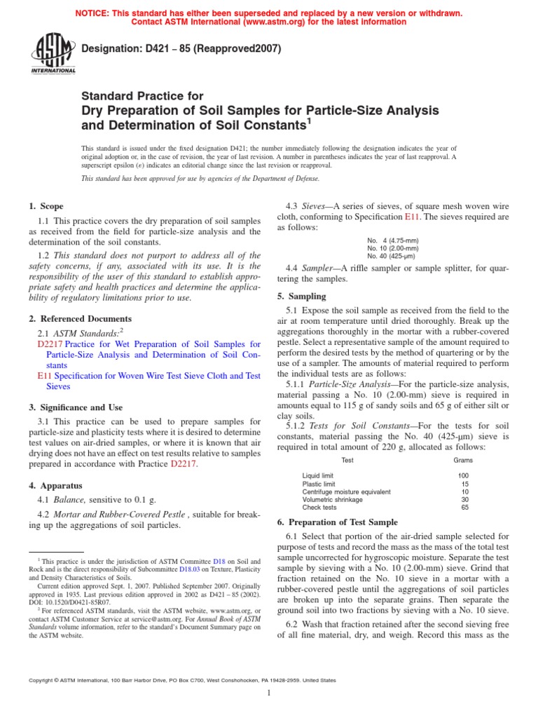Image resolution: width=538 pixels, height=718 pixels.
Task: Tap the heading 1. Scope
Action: click(46, 206)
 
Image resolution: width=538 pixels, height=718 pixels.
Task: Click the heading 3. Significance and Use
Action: click(76, 407)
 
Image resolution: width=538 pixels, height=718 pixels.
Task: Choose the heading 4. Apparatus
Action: click(55, 485)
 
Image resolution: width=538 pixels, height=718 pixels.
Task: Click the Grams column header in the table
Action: click(463, 460)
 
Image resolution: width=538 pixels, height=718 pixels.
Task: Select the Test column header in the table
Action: click(347, 460)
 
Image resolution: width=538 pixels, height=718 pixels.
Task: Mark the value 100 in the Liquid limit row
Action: click(463, 475)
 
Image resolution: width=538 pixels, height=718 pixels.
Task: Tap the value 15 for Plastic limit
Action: click(465, 484)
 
